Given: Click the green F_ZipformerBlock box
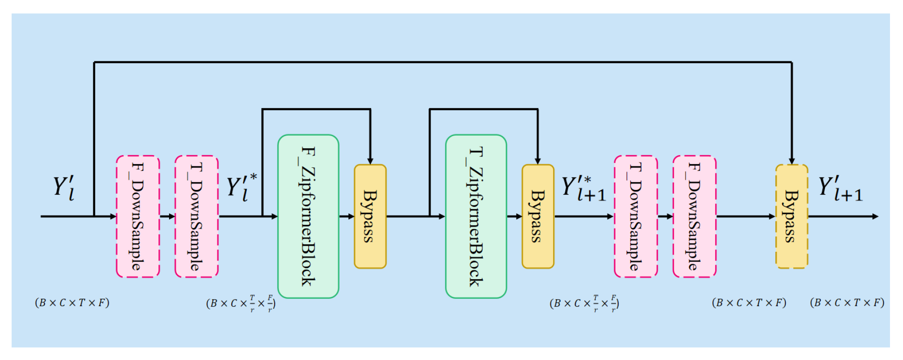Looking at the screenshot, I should (x=308, y=216).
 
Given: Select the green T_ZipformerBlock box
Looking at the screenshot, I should (x=476, y=216).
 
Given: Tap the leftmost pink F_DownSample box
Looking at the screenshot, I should (x=137, y=216).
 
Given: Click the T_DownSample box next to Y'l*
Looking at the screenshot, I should (x=196, y=216).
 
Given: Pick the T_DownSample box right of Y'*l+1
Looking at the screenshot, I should (x=635, y=216).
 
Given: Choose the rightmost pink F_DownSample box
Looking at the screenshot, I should (x=694, y=216).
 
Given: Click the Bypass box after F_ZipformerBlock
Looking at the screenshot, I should (x=370, y=216).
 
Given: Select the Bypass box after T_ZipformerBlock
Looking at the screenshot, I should (x=538, y=216).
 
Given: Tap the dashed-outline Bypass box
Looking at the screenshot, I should (x=792, y=216).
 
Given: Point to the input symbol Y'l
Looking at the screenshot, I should (x=64, y=188).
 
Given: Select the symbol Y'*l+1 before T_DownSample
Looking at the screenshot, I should (x=583, y=189).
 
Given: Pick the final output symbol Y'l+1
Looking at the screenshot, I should (x=840, y=189).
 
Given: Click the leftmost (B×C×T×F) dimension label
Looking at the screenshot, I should (x=72, y=303).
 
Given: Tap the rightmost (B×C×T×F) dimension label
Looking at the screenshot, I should (x=847, y=303).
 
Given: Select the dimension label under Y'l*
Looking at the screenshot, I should (x=241, y=303).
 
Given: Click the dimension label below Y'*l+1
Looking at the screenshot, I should (x=584, y=303).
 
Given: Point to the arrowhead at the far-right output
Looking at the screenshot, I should (x=875, y=216).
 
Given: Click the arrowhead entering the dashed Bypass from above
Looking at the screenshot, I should (x=792, y=161).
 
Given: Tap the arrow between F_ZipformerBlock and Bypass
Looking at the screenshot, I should (x=347, y=216).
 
